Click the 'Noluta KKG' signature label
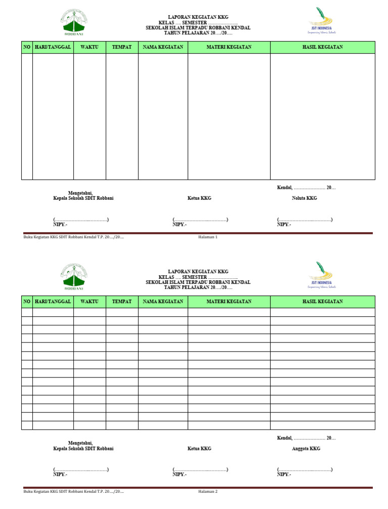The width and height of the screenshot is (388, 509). pyautogui.click(x=304, y=198)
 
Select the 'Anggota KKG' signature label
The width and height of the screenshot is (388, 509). pyautogui.click(x=306, y=449)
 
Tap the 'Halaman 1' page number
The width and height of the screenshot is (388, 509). pyautogui.click(x=208, y=237)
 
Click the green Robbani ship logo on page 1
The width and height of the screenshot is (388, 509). pyautogui.click(x=74, y=24)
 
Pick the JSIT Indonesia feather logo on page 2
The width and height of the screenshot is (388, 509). pyautogui.click(x=321, y=275)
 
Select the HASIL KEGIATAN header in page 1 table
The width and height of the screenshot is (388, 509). pyautogui.click(x=322, y=47)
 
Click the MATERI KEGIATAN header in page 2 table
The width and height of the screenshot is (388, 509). pyautogui.click(x=229, y=302)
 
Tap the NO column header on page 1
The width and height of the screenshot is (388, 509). pyautogui.click(x=27, y=47)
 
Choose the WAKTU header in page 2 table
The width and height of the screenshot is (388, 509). pyautogui.click(x=89, y=302)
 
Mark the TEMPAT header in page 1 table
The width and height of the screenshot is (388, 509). pyautogui.click(x=122, y=47)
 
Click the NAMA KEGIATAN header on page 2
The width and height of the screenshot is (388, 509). pyautogui.click(x=163, y=302)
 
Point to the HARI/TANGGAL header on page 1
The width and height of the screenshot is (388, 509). pyautogui.click(x=53, y=47)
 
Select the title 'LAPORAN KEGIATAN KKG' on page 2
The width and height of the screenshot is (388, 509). pyautogui.click(x=198, y=272)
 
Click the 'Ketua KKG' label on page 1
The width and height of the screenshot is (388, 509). pyautogui.click(x=199, y=198)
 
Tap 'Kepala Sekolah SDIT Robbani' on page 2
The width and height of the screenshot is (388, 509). pyautogui.click(x=83, y=449)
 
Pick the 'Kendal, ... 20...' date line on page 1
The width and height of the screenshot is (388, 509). pyautogui.click(x=306, y=188)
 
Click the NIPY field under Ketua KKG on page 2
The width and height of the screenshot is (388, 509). pyautogui.click(x=179, y=475)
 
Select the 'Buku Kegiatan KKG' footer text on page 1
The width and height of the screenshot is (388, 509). pyautogui.click(x=74, y=237)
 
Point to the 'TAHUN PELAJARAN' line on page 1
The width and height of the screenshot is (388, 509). pyautogui.click(x=198, y=32)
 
